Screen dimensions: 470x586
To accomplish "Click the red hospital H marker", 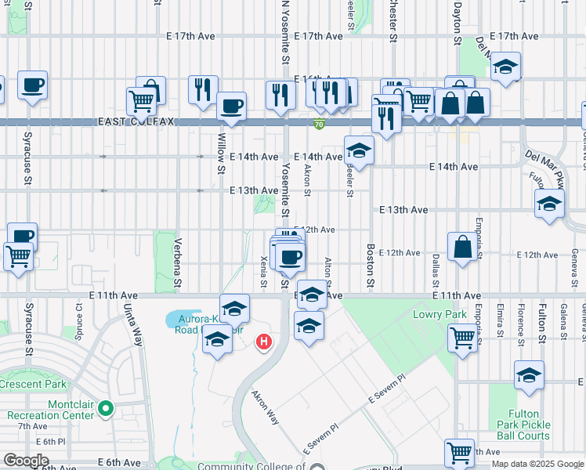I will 265,342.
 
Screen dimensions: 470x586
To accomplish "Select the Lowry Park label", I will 429,314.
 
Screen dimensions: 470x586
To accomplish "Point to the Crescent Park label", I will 32,385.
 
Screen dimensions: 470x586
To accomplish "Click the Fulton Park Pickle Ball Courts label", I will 523,424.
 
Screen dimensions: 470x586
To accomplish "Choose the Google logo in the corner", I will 26,461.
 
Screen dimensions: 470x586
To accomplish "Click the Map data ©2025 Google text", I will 537,464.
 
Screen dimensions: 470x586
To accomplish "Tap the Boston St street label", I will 371,266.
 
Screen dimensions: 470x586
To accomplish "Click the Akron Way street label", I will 266,406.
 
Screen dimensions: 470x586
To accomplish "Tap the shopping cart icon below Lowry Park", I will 462,338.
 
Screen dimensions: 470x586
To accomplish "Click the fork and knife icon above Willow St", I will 203,89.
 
